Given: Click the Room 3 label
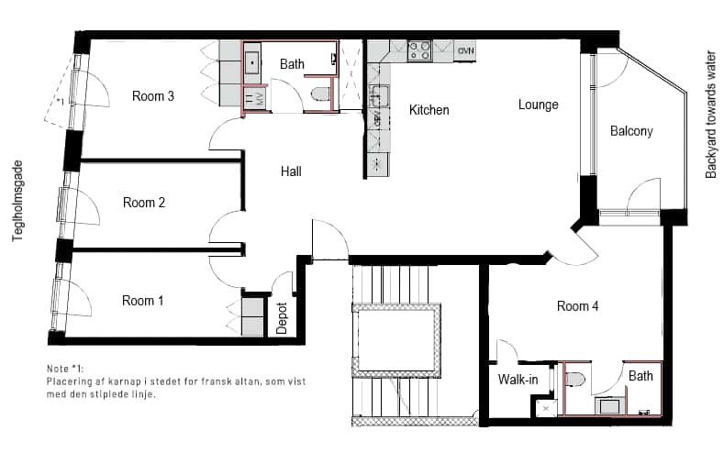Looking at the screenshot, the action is tap(153, 96).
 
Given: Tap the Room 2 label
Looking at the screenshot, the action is tap(143, 203).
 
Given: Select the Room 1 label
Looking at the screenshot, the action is tap(142, 301).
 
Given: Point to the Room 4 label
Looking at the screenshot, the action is tap(577, 306).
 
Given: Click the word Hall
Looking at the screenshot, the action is tap(291, 171).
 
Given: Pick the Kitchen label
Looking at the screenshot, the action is tap(429, 110).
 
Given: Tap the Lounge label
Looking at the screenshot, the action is tap(539, 105).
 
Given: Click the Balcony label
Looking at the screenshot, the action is tap(631, 131).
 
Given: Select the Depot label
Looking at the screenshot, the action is tap(282, 318).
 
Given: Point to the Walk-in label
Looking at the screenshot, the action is tap(518, 380).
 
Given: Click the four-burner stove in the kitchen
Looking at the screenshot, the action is tap(419, 50).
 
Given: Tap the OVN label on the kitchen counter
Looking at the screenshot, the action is tap(465, 50).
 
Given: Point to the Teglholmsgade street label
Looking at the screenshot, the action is tap(18, 201).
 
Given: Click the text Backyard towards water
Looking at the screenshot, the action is tap(710, 116).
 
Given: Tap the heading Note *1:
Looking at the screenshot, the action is tap(65, 369).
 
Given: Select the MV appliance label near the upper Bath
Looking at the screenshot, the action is tap(259, 100).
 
